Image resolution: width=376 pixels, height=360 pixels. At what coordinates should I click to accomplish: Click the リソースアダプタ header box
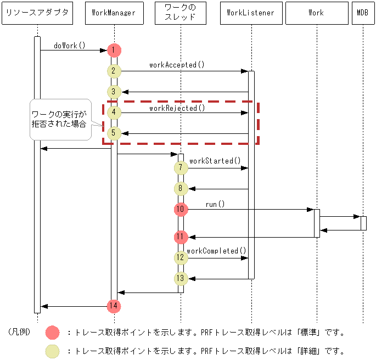pyautogui.click(x=37, y=13)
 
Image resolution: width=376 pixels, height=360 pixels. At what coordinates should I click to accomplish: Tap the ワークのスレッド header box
pyautogui.click(x=181, y=13)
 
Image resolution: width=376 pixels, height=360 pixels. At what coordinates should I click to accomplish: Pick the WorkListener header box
pyautogui.click(x=251, y=13)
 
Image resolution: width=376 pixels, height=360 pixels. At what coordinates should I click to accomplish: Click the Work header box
pyautogui.click(x=317, y=13)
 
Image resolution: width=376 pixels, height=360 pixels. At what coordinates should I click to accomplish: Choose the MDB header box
pyautogui.click(x=362, y=13)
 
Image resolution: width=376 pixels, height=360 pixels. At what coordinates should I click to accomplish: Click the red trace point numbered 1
pyautogui.click(x=114, y=50)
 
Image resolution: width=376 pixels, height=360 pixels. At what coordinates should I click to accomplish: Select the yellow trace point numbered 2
pyautogui.click(x=114, y=71)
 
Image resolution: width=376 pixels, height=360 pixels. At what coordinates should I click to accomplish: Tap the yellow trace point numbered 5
pyautogui.click(x=114, y=133)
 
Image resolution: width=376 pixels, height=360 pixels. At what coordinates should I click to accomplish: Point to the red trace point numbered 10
pyautogui.click(x=181, y=209)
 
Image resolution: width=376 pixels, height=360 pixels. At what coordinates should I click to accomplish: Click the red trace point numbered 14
pyautogui.click(x=114, y=306)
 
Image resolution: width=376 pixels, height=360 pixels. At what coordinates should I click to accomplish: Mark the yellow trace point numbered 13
pyautogui.click(x=181, y=278)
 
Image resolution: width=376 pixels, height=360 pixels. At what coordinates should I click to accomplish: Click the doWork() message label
pyautogui.click(x=70, y=46)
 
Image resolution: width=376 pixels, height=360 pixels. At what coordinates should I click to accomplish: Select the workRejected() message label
pyautogui.click(x=177, y=108)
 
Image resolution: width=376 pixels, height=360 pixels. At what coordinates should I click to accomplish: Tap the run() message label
pyautogui.click(x=215, y=204)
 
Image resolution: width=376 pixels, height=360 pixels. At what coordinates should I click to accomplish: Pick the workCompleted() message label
pyautogui.click(x=216, y=251)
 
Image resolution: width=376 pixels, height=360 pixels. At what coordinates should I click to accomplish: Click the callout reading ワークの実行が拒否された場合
pyautogui.click(x=59, y=119)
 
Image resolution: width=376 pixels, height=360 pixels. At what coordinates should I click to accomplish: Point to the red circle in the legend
pyautogui.click(x=53, y=332)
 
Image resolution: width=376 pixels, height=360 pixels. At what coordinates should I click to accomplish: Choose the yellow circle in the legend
pyautogui.click(x=53, y=350)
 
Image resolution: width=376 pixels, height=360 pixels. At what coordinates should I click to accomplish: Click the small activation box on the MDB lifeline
pyautogui.click(x=363, y=223)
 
